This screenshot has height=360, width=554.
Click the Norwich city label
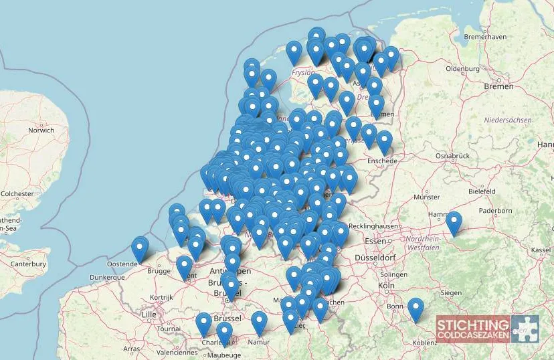pos(41,130)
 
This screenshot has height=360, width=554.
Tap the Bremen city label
pos(498,86)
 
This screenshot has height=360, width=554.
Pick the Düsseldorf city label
pos(378,258)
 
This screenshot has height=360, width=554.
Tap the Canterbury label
pos(28,264)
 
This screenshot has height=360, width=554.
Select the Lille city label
pos(149,314)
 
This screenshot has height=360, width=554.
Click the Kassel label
pos(541,250)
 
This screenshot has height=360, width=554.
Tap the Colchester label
pos(17,193)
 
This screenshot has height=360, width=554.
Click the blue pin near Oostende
pos(140,248)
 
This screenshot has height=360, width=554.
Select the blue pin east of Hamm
pos(454,222)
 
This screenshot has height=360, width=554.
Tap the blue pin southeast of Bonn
pos(415,308)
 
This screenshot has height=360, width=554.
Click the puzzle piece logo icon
pos(525,329)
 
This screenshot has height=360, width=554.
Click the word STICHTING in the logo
pos(472,325)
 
